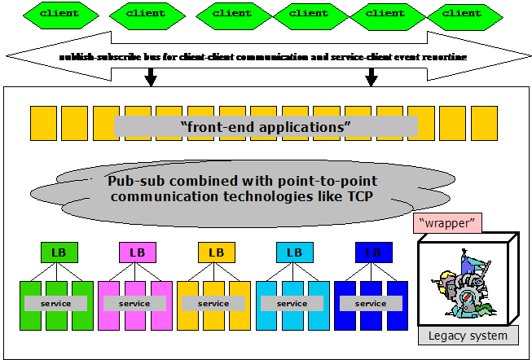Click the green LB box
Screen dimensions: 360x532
point(59,252)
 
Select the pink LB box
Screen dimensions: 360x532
point(137,252)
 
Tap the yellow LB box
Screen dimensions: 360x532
point(216,252)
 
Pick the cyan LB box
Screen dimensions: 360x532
point(294,252)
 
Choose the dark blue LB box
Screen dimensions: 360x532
point(373,252)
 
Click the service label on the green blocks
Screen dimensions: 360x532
point(55,304)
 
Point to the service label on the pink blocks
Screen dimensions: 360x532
point(134,304)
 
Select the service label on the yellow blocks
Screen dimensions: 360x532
point(213,304)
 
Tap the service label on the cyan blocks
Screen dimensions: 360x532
point(292,304)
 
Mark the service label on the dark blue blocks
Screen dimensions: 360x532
point(371,304)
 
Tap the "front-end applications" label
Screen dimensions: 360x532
point(266,127)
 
